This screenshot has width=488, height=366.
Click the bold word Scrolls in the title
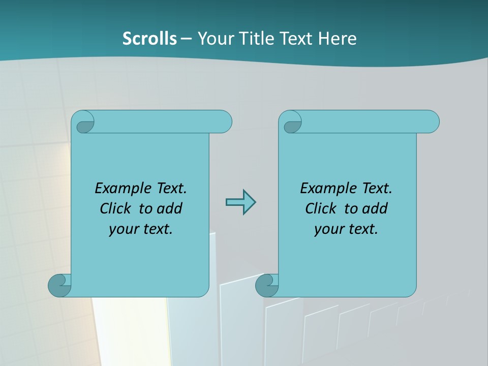pos(149,38)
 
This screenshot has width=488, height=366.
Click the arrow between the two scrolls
pos(240,202)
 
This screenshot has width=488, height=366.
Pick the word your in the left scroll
pos(123,229)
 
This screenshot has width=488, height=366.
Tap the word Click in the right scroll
pos(321,208)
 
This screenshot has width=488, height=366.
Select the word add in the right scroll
pos(376,208)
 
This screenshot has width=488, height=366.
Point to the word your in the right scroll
pos(328,229)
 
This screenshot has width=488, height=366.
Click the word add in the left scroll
pos(171,208)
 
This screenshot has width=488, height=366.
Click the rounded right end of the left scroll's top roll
pos(224,121)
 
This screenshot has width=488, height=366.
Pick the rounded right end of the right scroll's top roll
pos(431,121)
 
